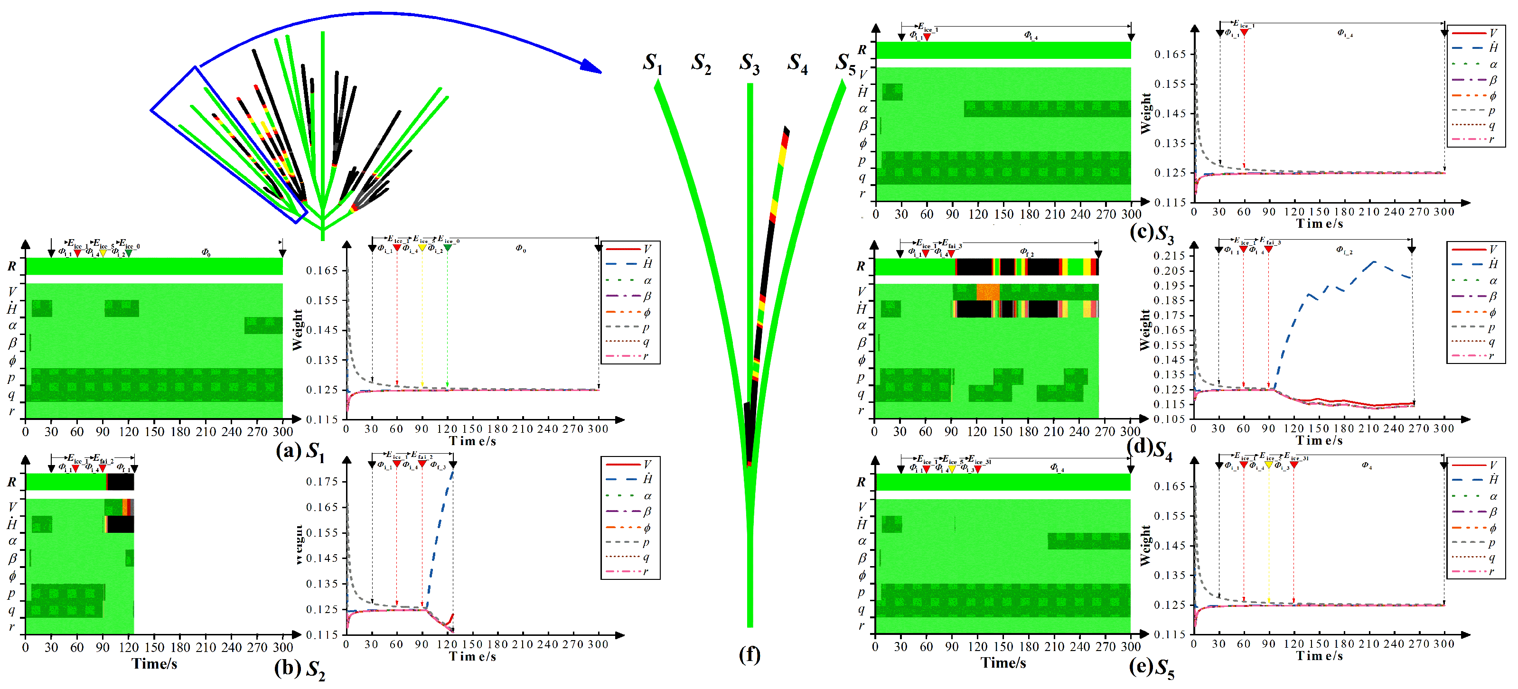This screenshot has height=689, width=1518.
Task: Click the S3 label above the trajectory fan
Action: (x=749, y=64)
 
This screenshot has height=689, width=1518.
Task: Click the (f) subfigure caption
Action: (x=749, y=654)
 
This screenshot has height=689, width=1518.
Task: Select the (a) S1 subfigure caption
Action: (x=300, y=452)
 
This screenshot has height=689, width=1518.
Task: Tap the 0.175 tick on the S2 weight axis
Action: (x=322, y=482)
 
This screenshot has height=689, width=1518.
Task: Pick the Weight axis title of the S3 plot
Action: (x=1145, y=114)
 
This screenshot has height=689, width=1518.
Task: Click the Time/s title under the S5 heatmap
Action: (x=1003, y=663)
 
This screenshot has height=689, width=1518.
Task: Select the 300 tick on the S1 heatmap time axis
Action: (x=283, y=432)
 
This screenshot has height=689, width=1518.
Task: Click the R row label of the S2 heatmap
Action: (x=12, y=482)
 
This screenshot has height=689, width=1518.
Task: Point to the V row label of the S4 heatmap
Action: (x=862, y=291)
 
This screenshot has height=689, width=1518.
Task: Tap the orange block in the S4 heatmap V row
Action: (x=988, y=292)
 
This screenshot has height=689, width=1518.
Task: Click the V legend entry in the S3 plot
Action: (x=1476, y=33)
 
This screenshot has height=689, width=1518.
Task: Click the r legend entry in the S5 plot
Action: (x=1476, y=571)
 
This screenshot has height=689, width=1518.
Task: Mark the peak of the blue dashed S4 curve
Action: (x=1374, y=261)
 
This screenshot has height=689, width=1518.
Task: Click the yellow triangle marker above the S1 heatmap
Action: (x=103, y=253)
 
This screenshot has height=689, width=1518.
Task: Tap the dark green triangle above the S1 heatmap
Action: (x=129, y=253)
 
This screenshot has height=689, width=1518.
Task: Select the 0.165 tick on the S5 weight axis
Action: (x=1169, y=486)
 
